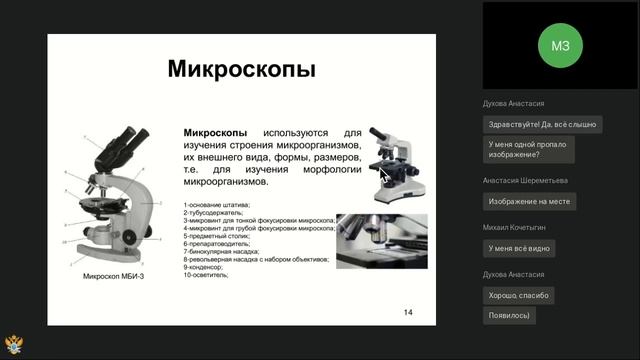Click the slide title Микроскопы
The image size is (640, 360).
click(x=241, y=69)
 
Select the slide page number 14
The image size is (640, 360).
click(x=408, y=312)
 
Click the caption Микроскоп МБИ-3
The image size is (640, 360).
click(x=113, y=275)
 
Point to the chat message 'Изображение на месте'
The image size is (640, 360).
click(x=529, y=201)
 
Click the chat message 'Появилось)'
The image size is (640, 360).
click(x=508, y=314)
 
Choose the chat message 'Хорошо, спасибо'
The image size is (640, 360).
click(x=518, y=295)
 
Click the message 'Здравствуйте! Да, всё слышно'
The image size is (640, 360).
click(x=541, y=124)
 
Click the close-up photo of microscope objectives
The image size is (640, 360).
click(x=381, y=241)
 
